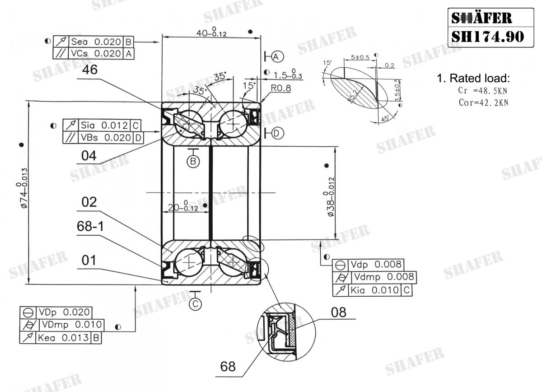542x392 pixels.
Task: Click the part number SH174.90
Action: pyautogui.click(x=487, y=36)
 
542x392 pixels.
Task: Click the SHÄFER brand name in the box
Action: pyautogui.click(x=481, y=18)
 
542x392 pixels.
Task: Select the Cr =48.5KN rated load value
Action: pyautogui.click(x=483, y=90)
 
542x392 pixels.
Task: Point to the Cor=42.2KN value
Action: pyautogui.click(x=483, y=102)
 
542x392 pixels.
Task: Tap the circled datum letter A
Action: pyautogui.click(x=277, y=56)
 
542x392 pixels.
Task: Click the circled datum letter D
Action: pyautogui.click(x=277, y=133)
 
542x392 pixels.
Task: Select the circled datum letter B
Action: pyautogui.click(x=194, y=161)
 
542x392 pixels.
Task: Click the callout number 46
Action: pyautogui.click(x=90, y=70)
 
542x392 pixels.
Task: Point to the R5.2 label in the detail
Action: pyautogui.click(x=355, y=95)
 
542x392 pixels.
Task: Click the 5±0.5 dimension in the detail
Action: pyautogui.click(x=360, y=57)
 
